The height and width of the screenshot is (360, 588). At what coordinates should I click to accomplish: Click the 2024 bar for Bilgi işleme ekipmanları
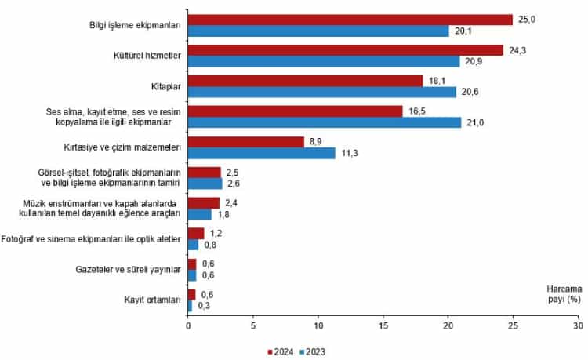[350, 20]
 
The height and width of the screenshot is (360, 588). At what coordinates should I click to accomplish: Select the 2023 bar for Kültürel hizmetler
[324, 61]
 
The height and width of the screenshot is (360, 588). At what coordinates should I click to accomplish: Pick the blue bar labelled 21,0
[325, 122]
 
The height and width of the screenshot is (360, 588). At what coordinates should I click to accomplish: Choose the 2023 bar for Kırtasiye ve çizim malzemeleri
[261, 153]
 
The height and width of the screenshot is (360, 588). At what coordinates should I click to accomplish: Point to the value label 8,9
[316, 142]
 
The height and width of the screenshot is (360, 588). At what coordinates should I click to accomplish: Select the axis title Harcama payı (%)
[556, 294]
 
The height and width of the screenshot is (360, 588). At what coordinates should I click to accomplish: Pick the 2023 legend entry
[310, 351]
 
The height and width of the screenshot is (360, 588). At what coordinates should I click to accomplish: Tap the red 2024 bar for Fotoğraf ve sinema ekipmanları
[196, 233]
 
